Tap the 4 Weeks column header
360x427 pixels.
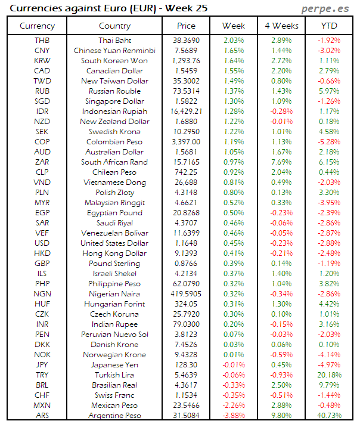click(x=281, y=26)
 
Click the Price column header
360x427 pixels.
click(x=186, y=26)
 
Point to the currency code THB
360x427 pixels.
click(x=43, y=40)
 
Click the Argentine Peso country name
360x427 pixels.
click(x=114, y=416)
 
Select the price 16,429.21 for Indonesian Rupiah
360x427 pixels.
click(x=186, y=112)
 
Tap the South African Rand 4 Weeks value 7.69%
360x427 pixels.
click(x=281, y=162)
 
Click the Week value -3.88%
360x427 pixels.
click(x=234, y=416)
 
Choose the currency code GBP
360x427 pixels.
click(x=43, y=264)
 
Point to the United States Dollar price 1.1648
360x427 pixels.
click(x=186, y=243)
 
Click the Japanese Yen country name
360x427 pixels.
click(x=114, y=365)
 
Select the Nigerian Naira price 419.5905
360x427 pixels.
click(x=186, y=294)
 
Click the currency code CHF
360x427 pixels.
click(x=43, y=395)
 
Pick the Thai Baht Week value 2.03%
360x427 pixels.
click(x=234, y=40)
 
